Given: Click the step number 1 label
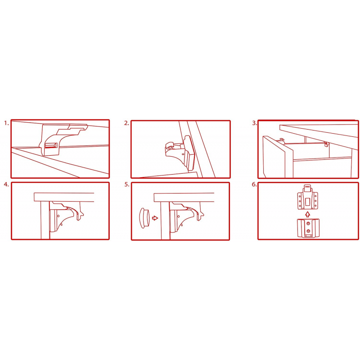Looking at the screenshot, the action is (x=6, y=123).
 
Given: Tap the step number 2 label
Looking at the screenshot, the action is (x=126, y=123).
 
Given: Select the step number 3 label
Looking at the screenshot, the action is (x=254, y=123).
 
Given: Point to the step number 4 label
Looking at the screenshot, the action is (x=6, y=184).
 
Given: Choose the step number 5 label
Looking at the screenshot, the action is (x=127, y=184).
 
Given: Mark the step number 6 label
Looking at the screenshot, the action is (x=254, y=184).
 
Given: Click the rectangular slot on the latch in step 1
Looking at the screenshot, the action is (x=51, y=145).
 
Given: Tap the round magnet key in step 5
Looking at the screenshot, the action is (x=144, y=218).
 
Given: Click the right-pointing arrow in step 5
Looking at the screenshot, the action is (x=155, y=218).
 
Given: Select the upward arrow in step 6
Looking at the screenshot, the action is (x=308, y=215).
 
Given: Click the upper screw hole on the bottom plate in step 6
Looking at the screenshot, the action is (x=309, y=223).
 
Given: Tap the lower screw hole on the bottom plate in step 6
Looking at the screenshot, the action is (x=308, y=230).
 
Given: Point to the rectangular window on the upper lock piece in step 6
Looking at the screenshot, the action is (x=308, y=202).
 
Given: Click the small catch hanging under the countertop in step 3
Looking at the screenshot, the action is (x=326, y=144).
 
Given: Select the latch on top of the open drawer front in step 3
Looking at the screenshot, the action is (x=282, y=140).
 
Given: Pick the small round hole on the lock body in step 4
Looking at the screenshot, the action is (x=58, y=216).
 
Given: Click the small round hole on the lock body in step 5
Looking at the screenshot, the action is (x=179, y=216).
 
